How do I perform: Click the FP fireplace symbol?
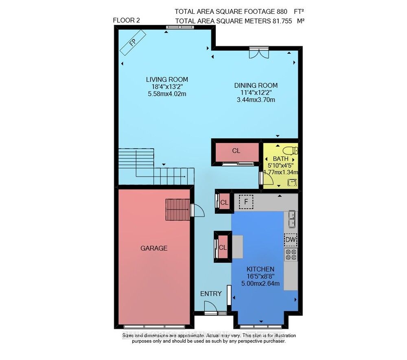133,42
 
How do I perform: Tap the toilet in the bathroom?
290,150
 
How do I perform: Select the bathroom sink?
292,182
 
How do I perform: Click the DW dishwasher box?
291,239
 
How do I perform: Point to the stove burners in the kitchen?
291,255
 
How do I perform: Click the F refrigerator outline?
246,202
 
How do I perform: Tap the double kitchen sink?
292,219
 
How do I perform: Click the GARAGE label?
154,248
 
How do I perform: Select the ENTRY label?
211,294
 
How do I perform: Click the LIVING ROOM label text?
167,79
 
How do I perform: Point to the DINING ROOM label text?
256,86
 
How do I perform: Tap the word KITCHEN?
260,269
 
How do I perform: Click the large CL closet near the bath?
236,151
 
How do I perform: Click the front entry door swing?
210,307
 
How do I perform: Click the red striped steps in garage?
178,210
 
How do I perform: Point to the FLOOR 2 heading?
127,20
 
